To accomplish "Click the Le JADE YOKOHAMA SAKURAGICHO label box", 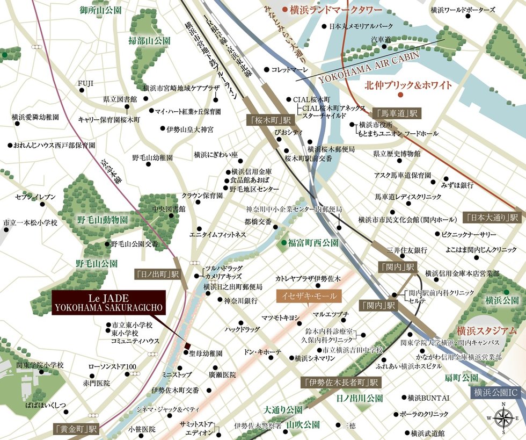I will (109, 302).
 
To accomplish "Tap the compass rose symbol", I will (502, 417).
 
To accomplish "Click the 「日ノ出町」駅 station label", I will (157, 274).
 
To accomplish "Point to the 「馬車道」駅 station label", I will (397, 113).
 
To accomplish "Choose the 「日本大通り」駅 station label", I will (492, 218).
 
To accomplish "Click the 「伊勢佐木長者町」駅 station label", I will (340, 383).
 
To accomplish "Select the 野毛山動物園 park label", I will (102, 220).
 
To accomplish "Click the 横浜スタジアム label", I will (487, 331).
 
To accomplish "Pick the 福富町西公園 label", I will (313, 243).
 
